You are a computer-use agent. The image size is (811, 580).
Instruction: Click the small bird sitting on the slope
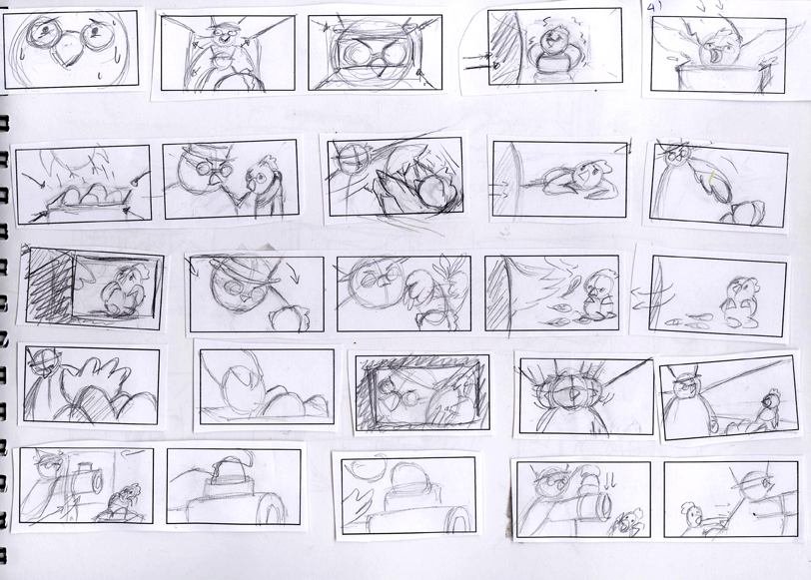[x=768, y=409]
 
